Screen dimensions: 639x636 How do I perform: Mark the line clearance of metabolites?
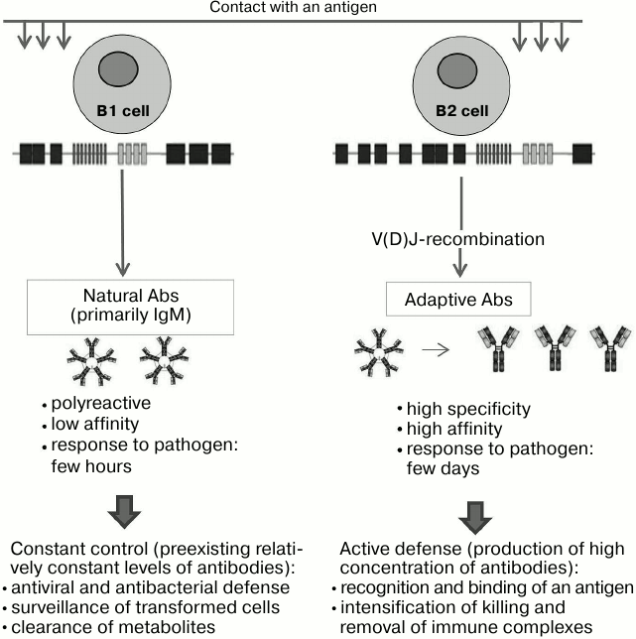pyautogui.click(x=116, y=628)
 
